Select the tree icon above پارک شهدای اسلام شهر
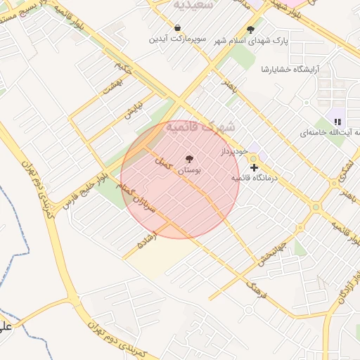250,30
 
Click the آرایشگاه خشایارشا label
289,70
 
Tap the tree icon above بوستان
188,159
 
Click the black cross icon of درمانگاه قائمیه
254,167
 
